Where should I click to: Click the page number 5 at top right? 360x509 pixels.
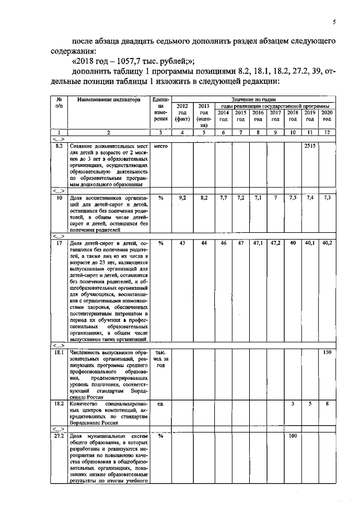click(334, 22)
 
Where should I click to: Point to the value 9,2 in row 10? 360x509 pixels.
click(182, 198)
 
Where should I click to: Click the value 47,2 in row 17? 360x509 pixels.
click(275, 242)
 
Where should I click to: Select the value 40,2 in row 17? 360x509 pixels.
click(327, 242)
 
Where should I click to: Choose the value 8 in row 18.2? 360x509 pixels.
click(327, 404)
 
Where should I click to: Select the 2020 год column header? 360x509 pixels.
click(327, 116)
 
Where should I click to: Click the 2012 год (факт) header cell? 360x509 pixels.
click(182, 112)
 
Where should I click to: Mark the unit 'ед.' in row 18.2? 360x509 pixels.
click(160, 404)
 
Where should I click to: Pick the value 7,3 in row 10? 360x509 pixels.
click(327, 198)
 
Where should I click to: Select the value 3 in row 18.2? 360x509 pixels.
click(292, 404)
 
